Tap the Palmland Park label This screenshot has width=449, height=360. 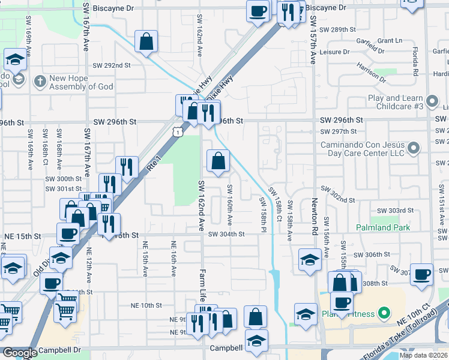[x=382, y=227]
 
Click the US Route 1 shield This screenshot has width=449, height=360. [x=176, y=131]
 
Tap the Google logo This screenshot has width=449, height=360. [x=19, y=353]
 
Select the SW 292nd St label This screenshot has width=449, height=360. [x=112, y=65]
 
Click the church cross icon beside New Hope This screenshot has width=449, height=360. [x=40, y=80]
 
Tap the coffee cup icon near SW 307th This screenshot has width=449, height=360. [x=422, y=274]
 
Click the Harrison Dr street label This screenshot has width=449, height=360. [x=371, y=72]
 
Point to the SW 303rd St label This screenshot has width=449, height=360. [x=395, y=211]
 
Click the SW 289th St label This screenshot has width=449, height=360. [x=339, y=29]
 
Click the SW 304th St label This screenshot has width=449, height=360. [x=226, y=234]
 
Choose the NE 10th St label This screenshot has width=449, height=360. [x=146, y=305]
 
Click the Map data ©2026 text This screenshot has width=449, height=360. [x=423, y=355]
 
